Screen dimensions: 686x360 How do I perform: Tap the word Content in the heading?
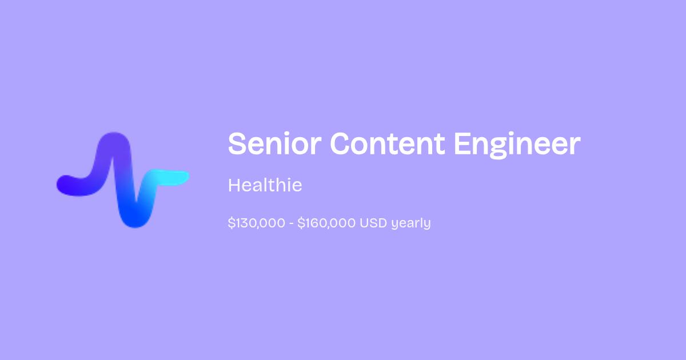tap(388, 143)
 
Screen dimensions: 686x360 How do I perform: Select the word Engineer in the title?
tap(517, 145)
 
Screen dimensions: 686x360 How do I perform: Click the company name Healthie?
tap(265, 185)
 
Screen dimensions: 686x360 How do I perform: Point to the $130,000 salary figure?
tap(257, 223)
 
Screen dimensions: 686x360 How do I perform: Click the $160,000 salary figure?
tap(326, 223)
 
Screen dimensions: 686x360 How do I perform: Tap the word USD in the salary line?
tap(373, 223)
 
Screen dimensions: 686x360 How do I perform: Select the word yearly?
tap(411, 223)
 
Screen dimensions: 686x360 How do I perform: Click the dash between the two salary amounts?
tap(291, 223)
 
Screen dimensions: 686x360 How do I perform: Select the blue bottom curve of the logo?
tap(135, 220)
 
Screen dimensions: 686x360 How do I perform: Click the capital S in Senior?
tap(237, 143)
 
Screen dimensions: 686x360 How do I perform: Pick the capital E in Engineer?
tap(461, 143)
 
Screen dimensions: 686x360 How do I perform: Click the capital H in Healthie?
tap(235, 185)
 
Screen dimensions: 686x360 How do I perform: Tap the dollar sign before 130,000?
tap(232, 223)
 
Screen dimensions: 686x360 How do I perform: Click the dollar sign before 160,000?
tap(301, 223)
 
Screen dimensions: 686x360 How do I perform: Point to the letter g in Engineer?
tap(498, 148)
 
